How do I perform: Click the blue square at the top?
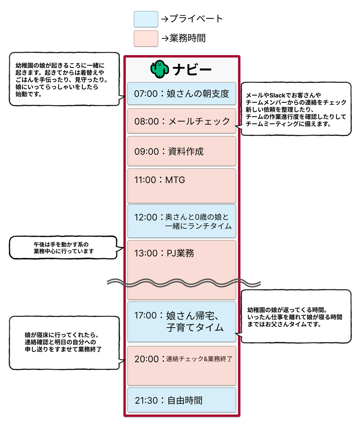point(146,19)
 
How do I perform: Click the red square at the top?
point(146,39)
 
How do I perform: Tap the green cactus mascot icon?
point(159,69)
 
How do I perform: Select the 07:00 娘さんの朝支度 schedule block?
point(182,93)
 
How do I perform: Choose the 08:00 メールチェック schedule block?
point(182,121)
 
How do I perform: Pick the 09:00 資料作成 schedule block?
point(182,151)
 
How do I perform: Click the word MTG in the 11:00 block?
point(175,180)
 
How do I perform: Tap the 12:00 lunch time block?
point(182,221)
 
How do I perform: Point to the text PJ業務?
point(180,253)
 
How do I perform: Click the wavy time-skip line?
point(184,283)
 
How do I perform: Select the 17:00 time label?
point(145,315)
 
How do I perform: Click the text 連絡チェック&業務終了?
point(199,359)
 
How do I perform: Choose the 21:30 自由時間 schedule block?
point(182,400)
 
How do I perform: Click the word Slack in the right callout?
point(277,95)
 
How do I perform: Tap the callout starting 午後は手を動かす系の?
point(63,248)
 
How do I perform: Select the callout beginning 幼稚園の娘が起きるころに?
point(64,79)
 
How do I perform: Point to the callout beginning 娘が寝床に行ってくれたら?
point(64,343)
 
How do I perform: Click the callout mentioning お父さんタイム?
point(296,317)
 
